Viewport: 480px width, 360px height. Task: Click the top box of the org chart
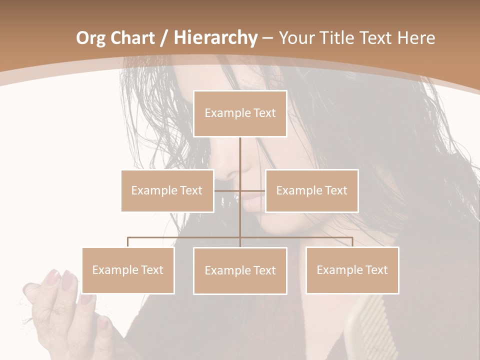240,113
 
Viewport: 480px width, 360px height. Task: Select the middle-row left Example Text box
167,190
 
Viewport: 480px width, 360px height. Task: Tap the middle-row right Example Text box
311,190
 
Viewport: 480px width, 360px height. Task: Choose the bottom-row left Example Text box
128,270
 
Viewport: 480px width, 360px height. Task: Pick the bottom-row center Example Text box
240,270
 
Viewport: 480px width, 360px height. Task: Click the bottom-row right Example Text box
352,270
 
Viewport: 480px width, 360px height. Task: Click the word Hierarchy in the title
215,37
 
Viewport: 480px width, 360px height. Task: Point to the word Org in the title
90,38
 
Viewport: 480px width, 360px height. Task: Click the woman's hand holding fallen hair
55,300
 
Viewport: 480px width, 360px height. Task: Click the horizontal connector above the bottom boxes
185,237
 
